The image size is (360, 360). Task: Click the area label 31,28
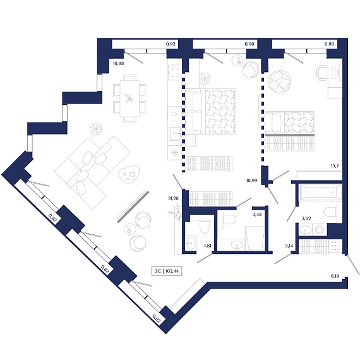(x=173, y=198)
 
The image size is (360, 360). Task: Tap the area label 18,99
(x=251, y=181)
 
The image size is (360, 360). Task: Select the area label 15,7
(x=335, y=165)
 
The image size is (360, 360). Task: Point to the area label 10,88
(x=119, y=63)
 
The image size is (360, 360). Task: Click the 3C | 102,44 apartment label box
(x=167, y=271)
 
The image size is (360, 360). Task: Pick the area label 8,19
(x=335, y=276)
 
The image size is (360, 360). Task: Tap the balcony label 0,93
(x=171, y=44)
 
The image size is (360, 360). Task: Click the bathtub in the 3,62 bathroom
(x=320, y=192)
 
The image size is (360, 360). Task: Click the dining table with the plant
(x=129, y=99)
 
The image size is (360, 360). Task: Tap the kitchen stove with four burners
(x=175, y=73)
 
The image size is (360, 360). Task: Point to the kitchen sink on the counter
(x=176, y=133)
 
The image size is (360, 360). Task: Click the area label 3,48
(x=257, y=215)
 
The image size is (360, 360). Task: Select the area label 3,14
(x=289, y=246)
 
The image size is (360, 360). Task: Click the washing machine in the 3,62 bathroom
(x=320, y=230)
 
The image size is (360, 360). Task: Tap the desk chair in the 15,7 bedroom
(x=321, y=73)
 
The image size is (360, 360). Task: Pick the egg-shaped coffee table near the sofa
(x=129, y=174)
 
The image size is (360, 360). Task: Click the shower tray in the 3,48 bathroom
(x=255, y=238)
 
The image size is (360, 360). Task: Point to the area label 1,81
(x=208, y=246)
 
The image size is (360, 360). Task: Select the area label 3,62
(x=306, y=219)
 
